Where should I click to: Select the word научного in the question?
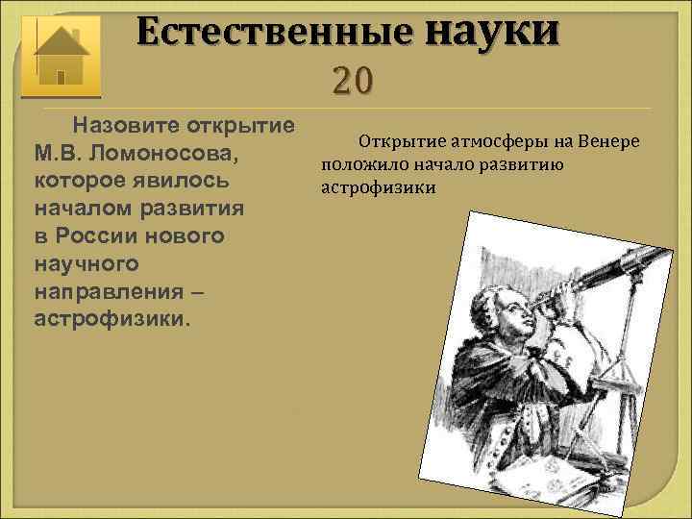86,262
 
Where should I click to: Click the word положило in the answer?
361,165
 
